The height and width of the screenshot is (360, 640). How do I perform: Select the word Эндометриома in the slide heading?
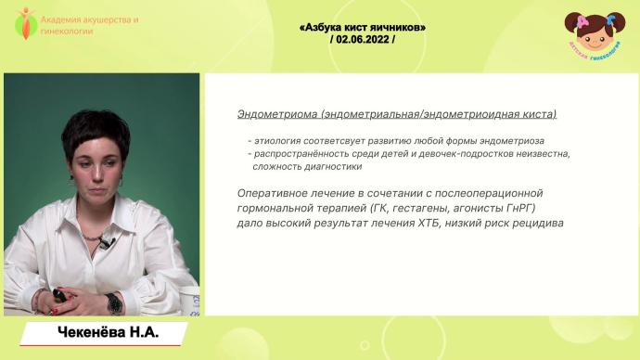(264, 114)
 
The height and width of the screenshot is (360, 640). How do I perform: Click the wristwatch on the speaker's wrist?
(114, 302)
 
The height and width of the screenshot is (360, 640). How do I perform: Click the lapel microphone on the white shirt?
(104, 243)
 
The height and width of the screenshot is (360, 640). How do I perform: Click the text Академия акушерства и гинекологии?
(89, 24)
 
